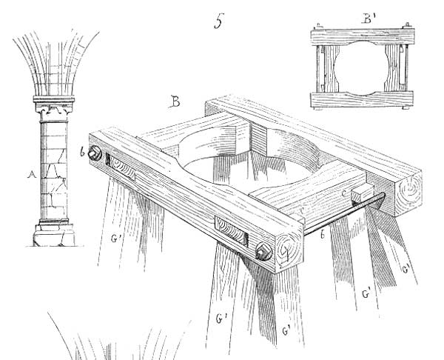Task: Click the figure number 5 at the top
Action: click(219, 21)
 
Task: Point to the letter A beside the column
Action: click(32, 174)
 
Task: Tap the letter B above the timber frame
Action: click(175, 101)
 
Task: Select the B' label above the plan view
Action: click(369, 19)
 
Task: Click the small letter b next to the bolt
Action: click(82, 152)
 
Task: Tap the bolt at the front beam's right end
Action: click(263, 252)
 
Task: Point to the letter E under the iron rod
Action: click(323, 234)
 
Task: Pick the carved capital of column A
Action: click(54, 109)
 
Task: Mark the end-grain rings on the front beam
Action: click(289, 250)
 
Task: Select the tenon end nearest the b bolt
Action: click(121, 167)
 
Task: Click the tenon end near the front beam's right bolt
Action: click(232, 230)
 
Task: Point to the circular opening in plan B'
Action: click(362, 68)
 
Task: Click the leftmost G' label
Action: click(115, 239)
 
